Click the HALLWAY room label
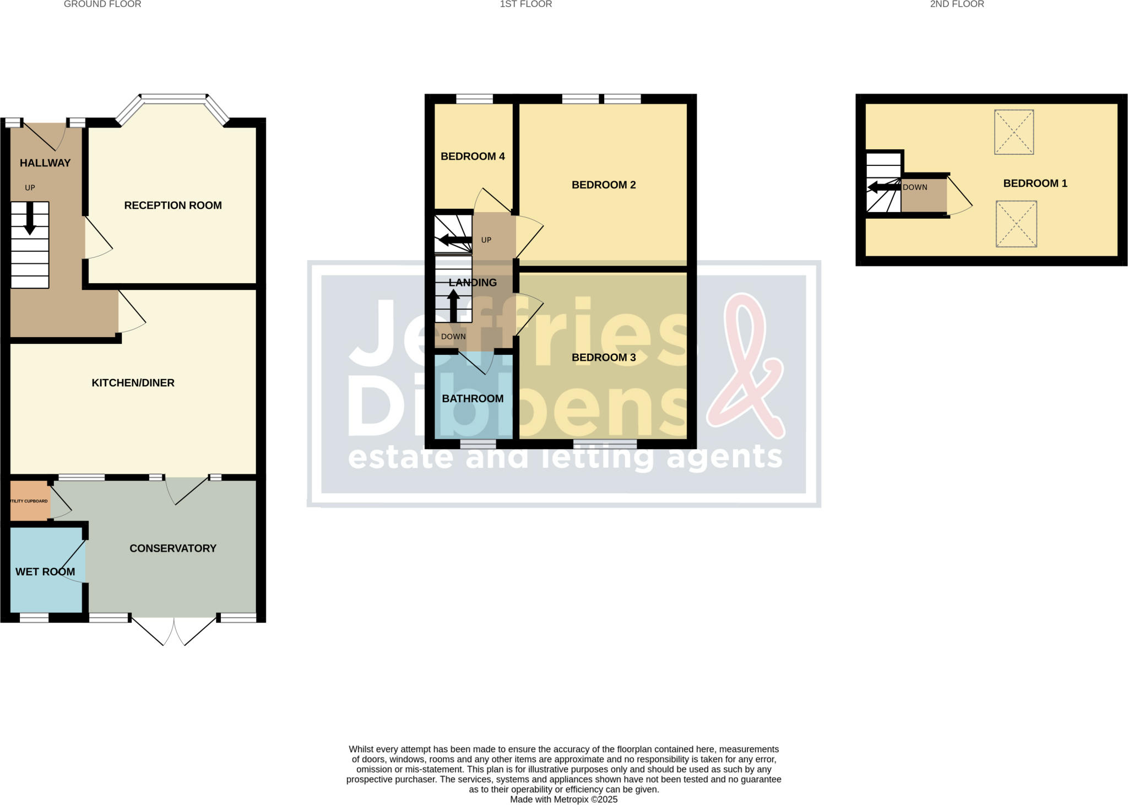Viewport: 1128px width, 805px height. pyautogui.click(x=45, y=163)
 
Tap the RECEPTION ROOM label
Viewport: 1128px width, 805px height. pyautogui.click(x=173, y=206)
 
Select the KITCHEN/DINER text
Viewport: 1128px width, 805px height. pyautogui.click(x=133, y=383)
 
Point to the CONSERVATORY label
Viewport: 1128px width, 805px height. pyautogui.click(x=173, y=548)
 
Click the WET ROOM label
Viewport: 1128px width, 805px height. pyautogui.click(x=45, y=572)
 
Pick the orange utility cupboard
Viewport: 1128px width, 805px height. pyautogui.click(x=30, y=501)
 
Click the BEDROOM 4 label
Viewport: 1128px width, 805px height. pyautogui.click(x=473, y=156)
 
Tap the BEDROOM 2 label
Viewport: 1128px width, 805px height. pyautogui.click(x=604, y=185)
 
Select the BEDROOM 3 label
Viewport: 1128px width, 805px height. pyautogui.click(x=604, y=358)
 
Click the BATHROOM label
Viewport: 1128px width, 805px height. pyautogui.click(x=473, y=399)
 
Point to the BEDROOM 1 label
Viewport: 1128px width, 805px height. pyautogui.click(x=1035, y=183)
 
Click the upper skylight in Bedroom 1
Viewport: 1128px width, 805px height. pyautogui.click(x=1013, y=132)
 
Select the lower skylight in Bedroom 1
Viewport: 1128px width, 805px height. pyautogui.click(x=1016, y=224)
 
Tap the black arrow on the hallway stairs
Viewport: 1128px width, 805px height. pyautogui.click(x=30, y=218)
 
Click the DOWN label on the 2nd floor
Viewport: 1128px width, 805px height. pyautogui.click(x=915, y=187)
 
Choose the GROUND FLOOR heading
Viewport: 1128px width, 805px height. pyautogui.click(x=102, y=4)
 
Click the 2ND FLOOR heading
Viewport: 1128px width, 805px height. pyautogui.click(x=957, y=4)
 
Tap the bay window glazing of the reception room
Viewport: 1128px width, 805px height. pyautogui.click(x=173, y=99)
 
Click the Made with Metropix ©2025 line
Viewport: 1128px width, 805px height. pyautogui.click(x=563, y=799)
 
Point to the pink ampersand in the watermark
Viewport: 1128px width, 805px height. pyautogui.click(x=747, y=366)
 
